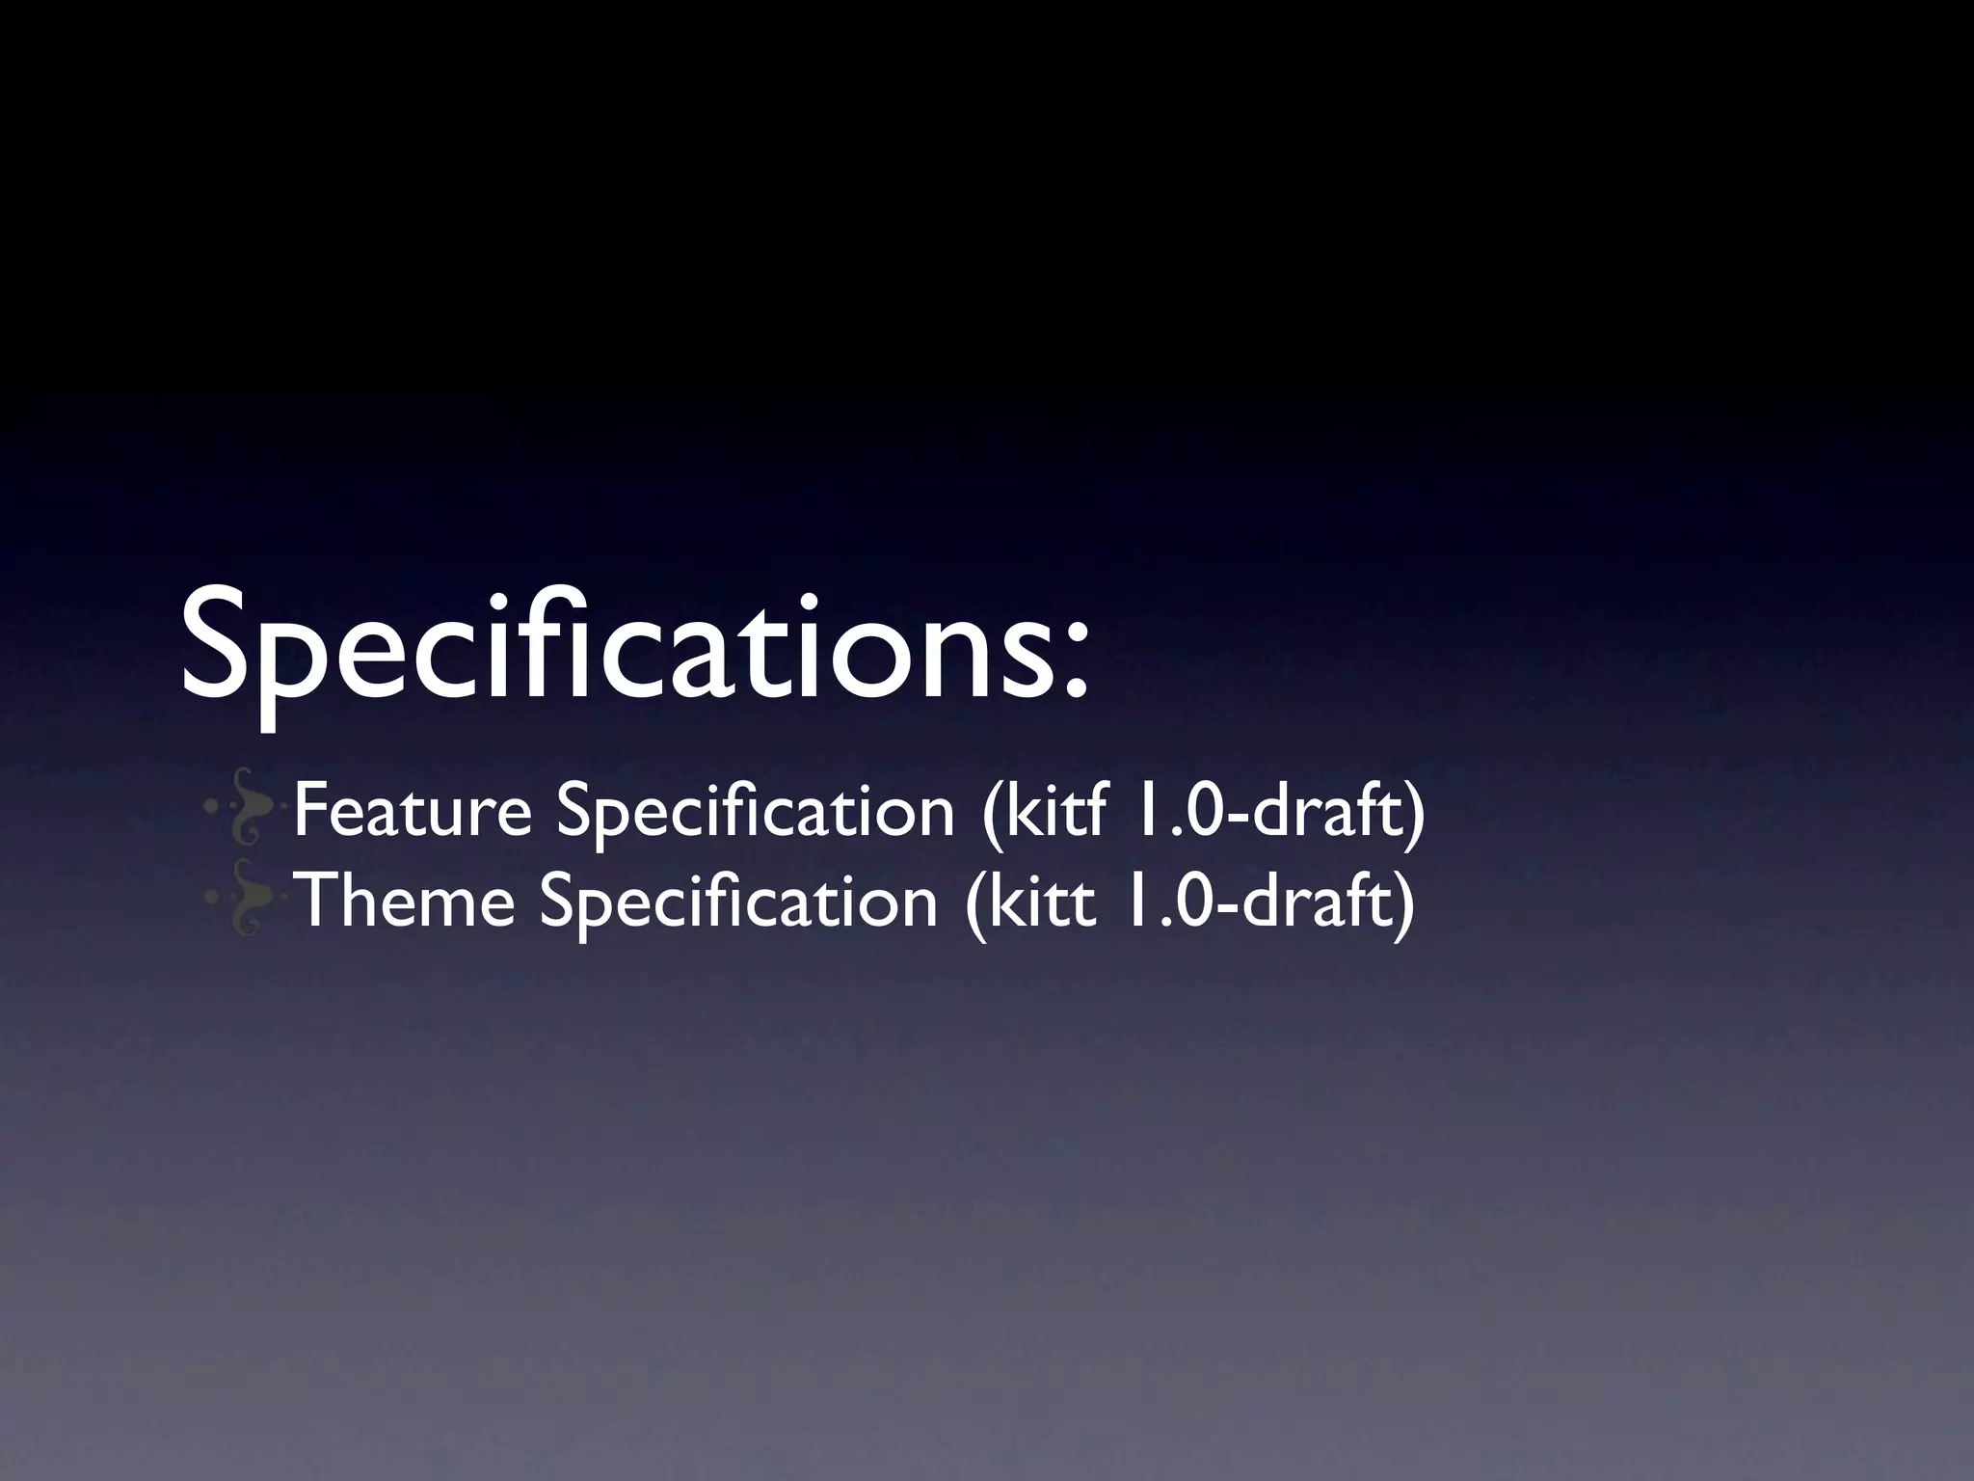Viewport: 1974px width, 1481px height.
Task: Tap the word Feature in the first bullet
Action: click(x=413, y=811)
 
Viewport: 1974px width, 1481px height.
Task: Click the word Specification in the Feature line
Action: click(x=755, y=813)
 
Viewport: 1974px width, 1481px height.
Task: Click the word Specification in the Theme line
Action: click(x=738, y=902)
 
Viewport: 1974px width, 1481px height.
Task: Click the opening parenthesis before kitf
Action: click(x=989, y=815)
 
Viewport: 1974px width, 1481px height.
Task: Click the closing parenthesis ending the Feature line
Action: click(x=1414, y=815)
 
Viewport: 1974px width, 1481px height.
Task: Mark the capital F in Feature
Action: click(x=310, y=811)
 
